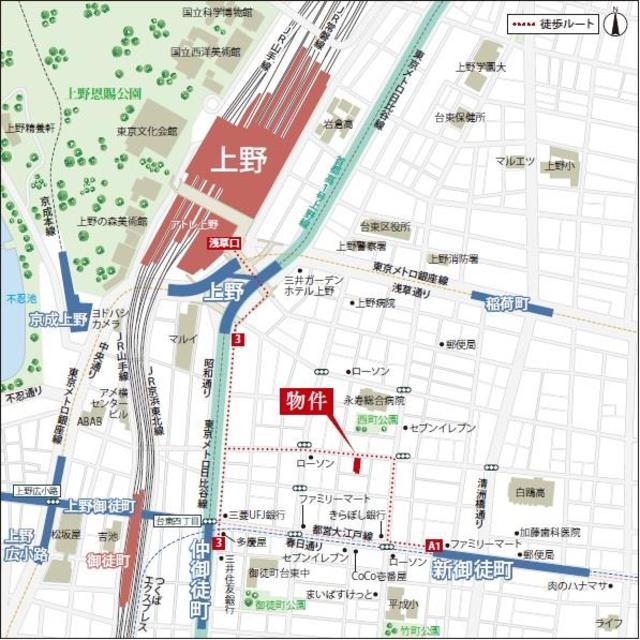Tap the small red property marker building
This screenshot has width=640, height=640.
click(358, 464)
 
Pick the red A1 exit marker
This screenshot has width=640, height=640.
click(434, 546)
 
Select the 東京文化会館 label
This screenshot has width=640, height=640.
click(146, 131)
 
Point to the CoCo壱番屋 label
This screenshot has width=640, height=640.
click(378, 576)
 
